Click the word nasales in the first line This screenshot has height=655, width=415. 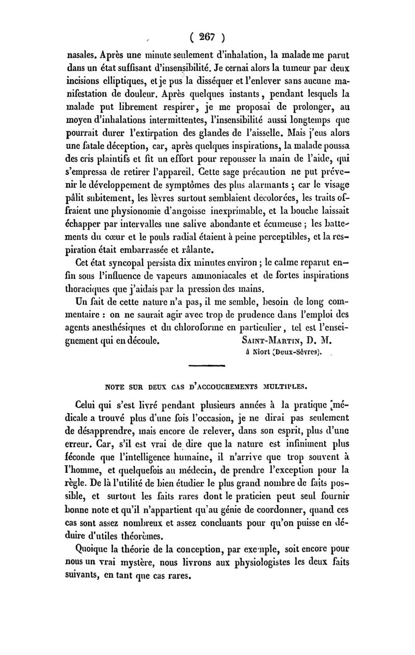coord(83,53)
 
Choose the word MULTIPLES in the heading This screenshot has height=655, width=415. coord(287,386)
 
